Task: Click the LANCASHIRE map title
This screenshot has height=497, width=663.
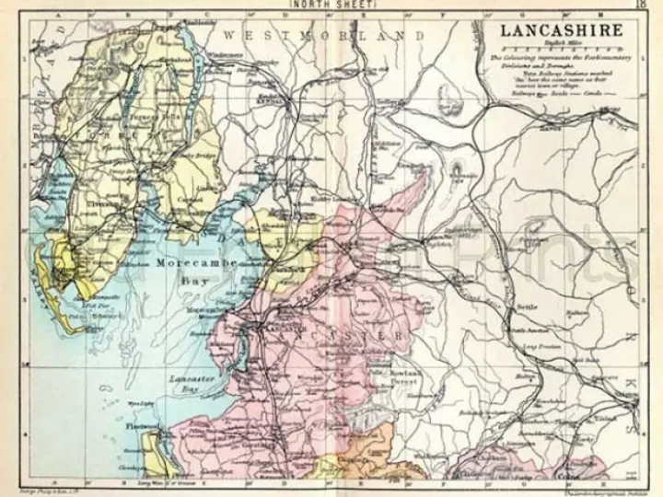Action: pos(561,29)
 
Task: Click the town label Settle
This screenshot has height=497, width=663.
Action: pos(526,307)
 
